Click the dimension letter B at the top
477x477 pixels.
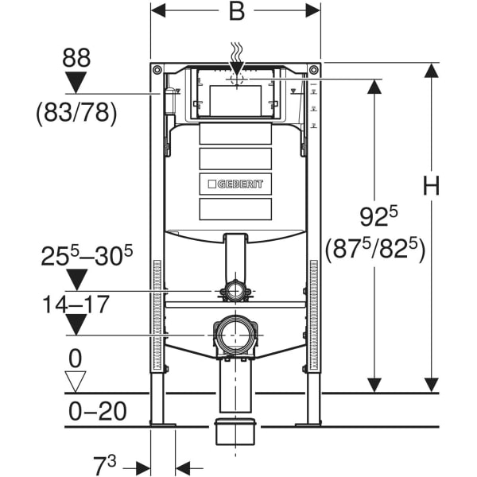[x=236, y=13]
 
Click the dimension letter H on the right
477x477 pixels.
[x=430, y=188]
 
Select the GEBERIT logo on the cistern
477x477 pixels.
[x=235, y=184]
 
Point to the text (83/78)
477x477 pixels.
[x=76, y=114]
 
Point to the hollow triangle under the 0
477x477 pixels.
[x=75, y=382]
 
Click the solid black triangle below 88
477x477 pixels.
[x=76, y=83]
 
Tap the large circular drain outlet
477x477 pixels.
[x=235, y=335]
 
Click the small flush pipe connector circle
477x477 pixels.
[x=235, y=292]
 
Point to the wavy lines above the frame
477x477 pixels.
[x=235, y=52]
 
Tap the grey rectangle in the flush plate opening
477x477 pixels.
[x=235, y=99]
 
